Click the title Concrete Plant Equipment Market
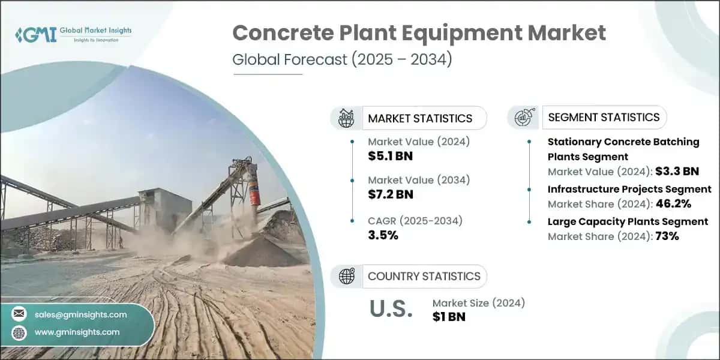click(419, 34)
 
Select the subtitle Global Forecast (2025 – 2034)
click(342, 60)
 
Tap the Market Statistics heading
click(419, 118)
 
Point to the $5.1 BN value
click(390, 157)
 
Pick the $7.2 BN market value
click(390, 194)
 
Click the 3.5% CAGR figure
click(383, 235)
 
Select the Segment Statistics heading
click(604, 117)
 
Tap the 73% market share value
click(667, 236)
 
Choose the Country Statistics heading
click(424, 276)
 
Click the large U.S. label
click(391, 308)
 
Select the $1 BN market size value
click(449, 316)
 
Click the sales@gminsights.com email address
click(81, 314)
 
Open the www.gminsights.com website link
click(77, 332)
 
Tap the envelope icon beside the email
click(19, 314)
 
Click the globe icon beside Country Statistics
click(346, 276)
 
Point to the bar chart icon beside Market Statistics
click(346, 118)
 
